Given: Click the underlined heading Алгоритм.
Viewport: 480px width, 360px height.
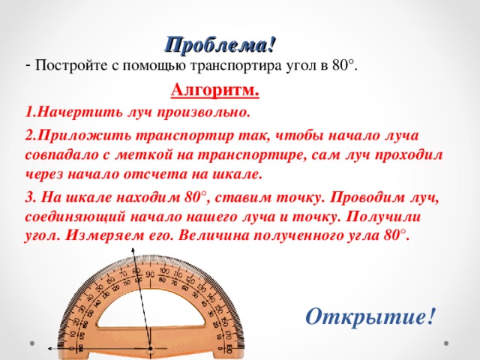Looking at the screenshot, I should click(x=215, y=91).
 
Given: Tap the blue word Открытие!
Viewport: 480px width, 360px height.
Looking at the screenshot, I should click(x=370, y=316).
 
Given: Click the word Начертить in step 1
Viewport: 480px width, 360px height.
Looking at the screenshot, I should click(x=69, y=112).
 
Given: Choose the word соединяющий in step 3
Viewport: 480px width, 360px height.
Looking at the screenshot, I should click(x=73, y=217).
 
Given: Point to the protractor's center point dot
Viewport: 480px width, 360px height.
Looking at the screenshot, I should click(x=150, y=349).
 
